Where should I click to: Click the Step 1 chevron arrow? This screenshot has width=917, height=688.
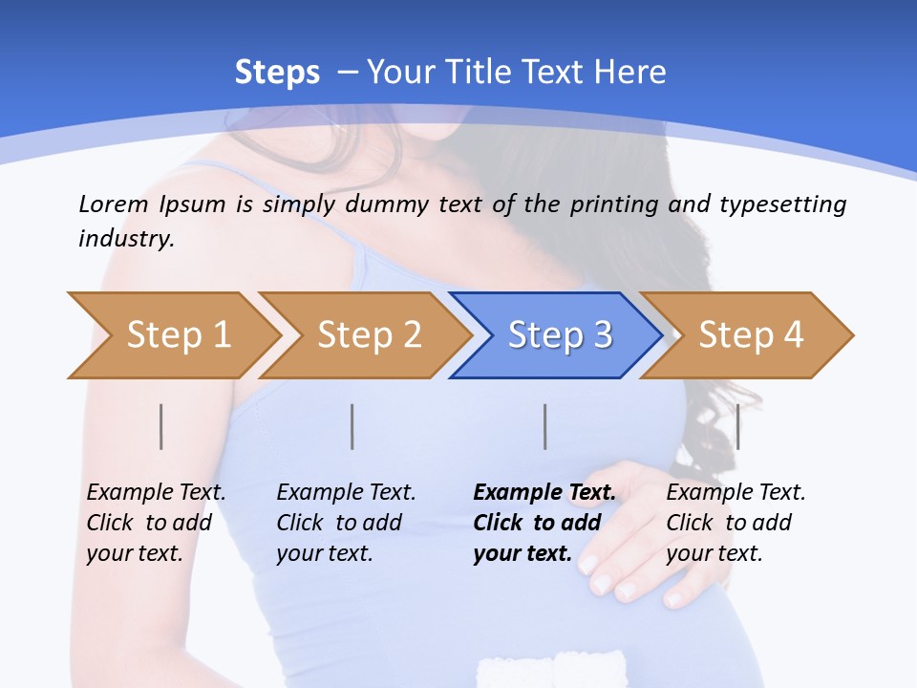pos(177,335)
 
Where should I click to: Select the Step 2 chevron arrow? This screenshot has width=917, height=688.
pos(368,335)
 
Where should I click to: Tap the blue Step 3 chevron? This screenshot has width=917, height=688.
pos(559,335)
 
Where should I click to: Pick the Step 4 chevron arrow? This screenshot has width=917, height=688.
pos(750,335)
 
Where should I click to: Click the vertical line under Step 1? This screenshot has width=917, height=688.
pos(161,426)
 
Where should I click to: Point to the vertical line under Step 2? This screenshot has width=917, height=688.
pos(352,426)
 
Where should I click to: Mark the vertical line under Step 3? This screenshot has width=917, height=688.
pos(544,426)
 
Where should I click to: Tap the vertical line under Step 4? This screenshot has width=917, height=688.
pos(737,426)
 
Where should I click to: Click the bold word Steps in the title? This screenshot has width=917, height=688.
pos(277,72)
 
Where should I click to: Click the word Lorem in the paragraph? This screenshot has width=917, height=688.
pos(114,204)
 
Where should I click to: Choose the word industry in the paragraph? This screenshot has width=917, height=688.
pos(126,239)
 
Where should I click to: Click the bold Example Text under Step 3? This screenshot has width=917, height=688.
pos(544,493)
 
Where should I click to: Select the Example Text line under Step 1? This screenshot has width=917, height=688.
pos(157,493)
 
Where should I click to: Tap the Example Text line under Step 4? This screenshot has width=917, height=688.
pos(736,493)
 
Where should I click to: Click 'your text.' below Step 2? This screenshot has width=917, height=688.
pos(325,553)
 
